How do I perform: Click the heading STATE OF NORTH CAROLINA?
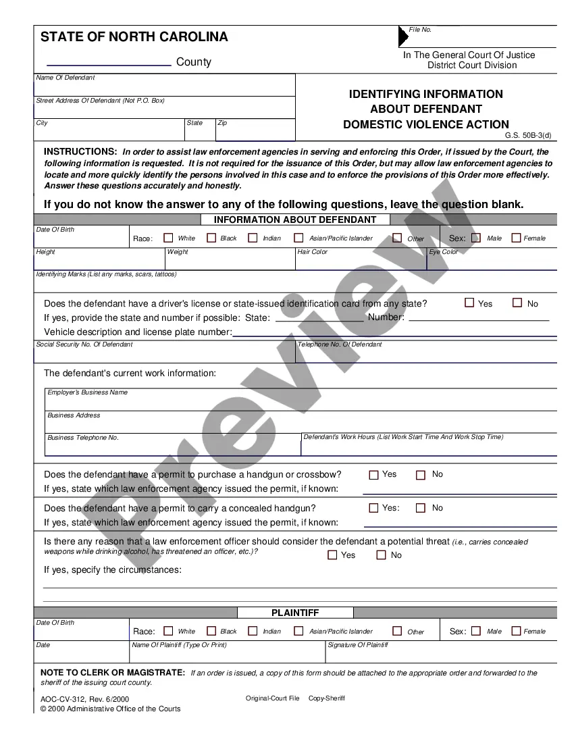[x=134, y=37]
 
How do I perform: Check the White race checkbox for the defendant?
[x=169, y=238]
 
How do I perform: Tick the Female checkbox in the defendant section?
[x=517, y=238]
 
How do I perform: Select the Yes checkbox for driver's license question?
[x=469, y=303]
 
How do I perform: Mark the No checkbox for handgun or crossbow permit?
[x=421, y=475]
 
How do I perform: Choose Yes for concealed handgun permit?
[x=373, y=508]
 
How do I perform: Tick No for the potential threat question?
[x=381, y=555]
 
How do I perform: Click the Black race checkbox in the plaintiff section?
[x=211, y=631]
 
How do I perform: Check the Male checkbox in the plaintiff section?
[x=476, y=631]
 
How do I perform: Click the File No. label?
[x=420, y=30]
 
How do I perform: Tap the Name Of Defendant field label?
[x=66, y=78]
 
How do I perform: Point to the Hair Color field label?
[x=313, y=252]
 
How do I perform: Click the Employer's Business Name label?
[x=87, y=392]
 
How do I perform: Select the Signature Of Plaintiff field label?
[x=358, y=645]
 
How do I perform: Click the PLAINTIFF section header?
[x=295, y=613]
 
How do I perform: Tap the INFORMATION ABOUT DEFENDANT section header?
[x=295, y=220]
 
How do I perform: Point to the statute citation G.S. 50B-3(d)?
[x=528, y=135]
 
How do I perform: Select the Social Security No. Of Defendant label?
[x=84, y=344]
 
